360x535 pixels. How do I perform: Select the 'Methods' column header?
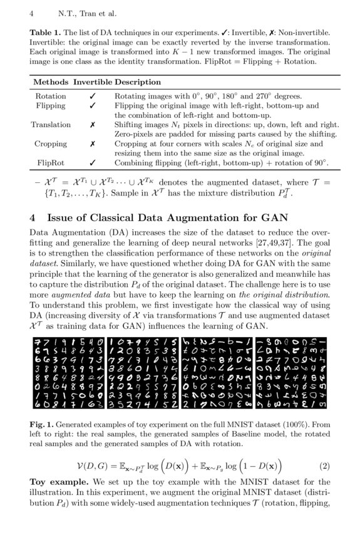(51, 82)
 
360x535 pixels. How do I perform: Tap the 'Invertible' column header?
(92, 82)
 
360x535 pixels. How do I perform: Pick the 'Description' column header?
(137, 82)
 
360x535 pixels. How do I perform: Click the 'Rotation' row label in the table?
(51, 96)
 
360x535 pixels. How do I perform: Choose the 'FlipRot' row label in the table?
(51, 162)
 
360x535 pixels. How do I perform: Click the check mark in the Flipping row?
(92, 106)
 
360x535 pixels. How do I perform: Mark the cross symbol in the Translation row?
(92, 125)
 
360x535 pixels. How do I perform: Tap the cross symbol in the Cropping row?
(92, 143)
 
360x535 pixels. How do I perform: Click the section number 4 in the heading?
(33, 218)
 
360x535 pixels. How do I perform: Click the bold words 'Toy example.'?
(59, 482)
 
